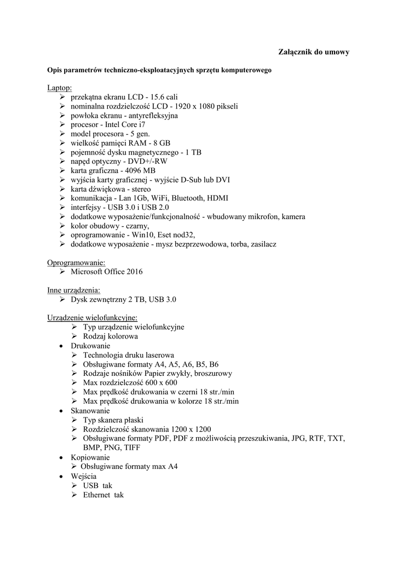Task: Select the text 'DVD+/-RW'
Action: pos(150,162)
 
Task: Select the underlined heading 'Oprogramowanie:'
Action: pos(76,263)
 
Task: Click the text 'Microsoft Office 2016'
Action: pos(107,272)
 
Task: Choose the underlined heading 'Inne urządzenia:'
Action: pos(74,290)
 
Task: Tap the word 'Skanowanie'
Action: pos(90,410)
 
